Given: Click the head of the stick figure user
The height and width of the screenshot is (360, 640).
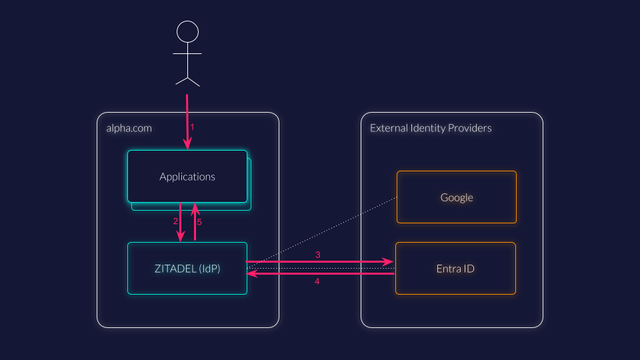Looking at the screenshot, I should (187, 31).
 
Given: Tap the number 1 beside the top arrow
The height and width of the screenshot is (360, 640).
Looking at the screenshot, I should (193, 127).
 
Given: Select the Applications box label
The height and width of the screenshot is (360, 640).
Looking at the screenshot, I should (187, 177).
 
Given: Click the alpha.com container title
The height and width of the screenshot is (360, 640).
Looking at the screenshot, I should (129, 128).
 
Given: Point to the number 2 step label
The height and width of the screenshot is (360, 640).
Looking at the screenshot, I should (175, 221).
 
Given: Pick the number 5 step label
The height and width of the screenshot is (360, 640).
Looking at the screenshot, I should (199, 222).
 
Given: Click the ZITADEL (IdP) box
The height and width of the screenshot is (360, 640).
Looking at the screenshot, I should (187, 268).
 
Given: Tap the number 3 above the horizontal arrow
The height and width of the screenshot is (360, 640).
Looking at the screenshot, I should (318, 255).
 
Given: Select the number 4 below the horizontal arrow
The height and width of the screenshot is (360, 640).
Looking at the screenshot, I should (317, 281).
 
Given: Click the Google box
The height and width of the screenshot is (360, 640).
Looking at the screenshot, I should (457, 197).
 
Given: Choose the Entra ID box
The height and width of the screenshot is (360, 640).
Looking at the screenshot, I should (455, 268).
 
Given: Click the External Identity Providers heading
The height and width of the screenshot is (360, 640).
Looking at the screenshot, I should (431, 128).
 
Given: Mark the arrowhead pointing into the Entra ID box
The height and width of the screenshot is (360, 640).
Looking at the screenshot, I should (389, 263).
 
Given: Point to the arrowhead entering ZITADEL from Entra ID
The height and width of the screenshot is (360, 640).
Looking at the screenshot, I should (251, 273).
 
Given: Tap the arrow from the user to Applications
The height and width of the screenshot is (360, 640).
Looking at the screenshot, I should (187, 120).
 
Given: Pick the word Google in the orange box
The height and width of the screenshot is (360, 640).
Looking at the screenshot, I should (457, 197).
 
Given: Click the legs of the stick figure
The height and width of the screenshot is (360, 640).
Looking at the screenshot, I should (187, 80).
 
